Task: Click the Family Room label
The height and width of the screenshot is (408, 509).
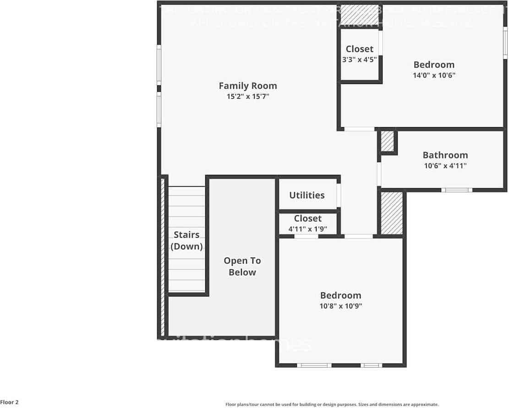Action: (247, 86)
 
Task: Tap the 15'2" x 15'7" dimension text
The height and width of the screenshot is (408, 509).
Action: (247, 97)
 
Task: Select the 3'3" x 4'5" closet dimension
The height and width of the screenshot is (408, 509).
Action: (359, 59)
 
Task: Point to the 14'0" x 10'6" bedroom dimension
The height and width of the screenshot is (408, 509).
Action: (433, 75)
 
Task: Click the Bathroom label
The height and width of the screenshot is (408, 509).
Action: (445, 155)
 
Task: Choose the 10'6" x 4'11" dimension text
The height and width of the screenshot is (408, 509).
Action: (445, 166)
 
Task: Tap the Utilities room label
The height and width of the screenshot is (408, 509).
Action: (306, 195)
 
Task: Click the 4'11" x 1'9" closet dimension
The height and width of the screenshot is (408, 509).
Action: (307, 229)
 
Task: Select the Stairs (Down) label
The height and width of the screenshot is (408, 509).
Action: (186, 240)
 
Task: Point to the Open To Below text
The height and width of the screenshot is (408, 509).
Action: (242, 267)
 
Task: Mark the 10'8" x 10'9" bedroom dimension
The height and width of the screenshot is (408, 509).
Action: (340, 306)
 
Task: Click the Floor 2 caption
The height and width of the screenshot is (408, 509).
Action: (10, 402)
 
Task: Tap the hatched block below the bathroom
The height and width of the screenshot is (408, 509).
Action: (392, 213)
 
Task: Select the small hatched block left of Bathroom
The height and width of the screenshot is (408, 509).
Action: (388, 141)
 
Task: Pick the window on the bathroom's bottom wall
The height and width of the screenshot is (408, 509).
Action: (456, 190)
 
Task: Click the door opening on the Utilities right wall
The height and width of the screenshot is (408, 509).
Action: (339, 195)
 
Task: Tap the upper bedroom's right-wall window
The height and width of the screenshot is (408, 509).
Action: (505, 43)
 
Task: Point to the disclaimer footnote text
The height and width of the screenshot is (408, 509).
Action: (332, 404)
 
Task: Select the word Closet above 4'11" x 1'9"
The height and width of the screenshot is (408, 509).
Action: (307, 218)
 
